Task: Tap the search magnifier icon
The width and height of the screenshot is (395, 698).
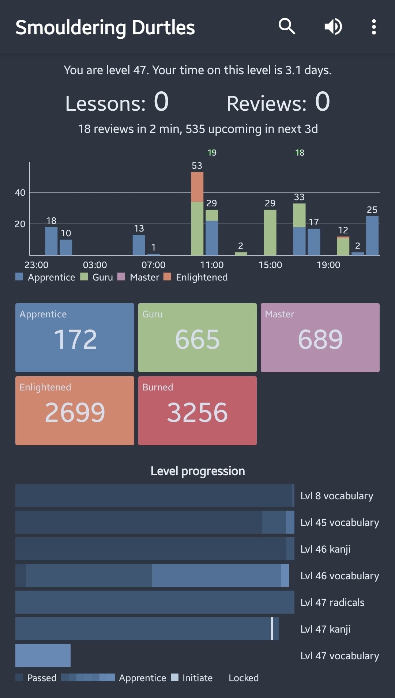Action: click(287, 27)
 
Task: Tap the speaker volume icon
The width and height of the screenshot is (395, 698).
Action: click(333, 27)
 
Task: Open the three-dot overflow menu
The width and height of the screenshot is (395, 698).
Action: click(373, 27)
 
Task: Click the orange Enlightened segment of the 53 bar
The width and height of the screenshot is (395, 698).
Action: click(197, 187)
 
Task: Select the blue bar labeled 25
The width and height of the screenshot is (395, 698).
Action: click(372, 236)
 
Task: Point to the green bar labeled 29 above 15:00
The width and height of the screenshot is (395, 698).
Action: click(270, 232)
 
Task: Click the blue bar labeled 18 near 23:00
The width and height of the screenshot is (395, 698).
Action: click(51, 241)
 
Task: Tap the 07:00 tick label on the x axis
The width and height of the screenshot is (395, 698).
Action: click(153, 265)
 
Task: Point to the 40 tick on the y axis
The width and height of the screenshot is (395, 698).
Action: click(20, 192)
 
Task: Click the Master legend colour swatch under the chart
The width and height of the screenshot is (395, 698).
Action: click(121, 276)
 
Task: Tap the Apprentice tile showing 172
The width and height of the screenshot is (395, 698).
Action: click(75, 337)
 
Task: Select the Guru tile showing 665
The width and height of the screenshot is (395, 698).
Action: click(197, 337)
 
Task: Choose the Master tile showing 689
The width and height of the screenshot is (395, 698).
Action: click(320, 337)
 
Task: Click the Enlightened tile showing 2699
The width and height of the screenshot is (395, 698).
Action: click(75, 411)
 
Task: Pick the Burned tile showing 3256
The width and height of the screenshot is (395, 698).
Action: click(197, 411)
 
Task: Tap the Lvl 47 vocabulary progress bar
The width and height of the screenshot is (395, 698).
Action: click(43, 655)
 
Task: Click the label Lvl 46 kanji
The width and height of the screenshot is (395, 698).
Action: click(325, 549)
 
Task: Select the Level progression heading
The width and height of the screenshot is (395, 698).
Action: click(197, 471)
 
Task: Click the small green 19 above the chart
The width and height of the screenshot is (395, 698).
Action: click(212, 153)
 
